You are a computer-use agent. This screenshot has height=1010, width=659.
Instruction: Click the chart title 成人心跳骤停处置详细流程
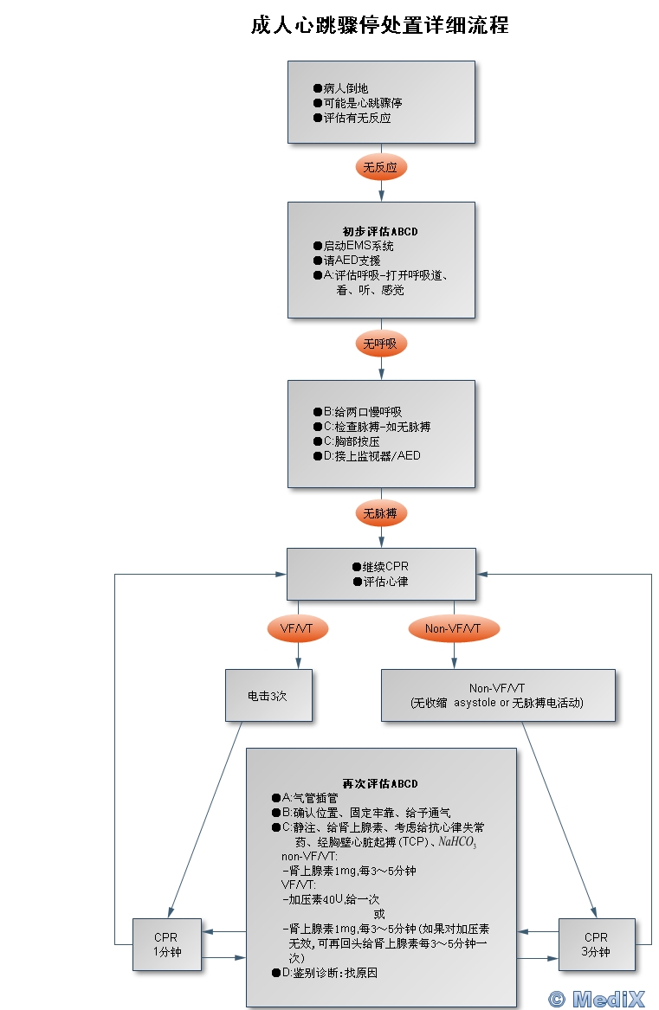tap(379, 25)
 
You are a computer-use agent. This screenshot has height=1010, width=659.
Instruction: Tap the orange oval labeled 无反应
tap(380, 167)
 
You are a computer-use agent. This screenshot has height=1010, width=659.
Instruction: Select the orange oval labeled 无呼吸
tap(380, 344)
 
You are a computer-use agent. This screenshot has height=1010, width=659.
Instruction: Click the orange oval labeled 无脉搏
tap(380, 513)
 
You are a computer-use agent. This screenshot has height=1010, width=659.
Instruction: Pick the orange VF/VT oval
tap(298, 627)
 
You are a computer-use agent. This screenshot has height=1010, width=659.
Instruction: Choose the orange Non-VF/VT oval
tap(453, 627)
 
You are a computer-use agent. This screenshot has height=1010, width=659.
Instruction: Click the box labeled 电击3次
tap(268, 695)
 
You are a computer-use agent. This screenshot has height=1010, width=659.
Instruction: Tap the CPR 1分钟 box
tap(166, 944)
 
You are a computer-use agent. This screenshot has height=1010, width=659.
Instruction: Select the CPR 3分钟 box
tap(596, 944)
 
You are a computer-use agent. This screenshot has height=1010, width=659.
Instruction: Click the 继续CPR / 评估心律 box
tap(381, 574)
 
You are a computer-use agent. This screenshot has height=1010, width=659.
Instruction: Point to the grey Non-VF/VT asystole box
tap(497, 695)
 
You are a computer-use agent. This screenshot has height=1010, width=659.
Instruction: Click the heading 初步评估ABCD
tap(380, 231)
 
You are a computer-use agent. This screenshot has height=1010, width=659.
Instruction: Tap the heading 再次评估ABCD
tap(380, 783)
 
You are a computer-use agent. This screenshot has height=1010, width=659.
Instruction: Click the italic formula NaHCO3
tap(457, 841)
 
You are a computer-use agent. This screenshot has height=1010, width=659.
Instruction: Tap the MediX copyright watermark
tap(598, 998)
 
